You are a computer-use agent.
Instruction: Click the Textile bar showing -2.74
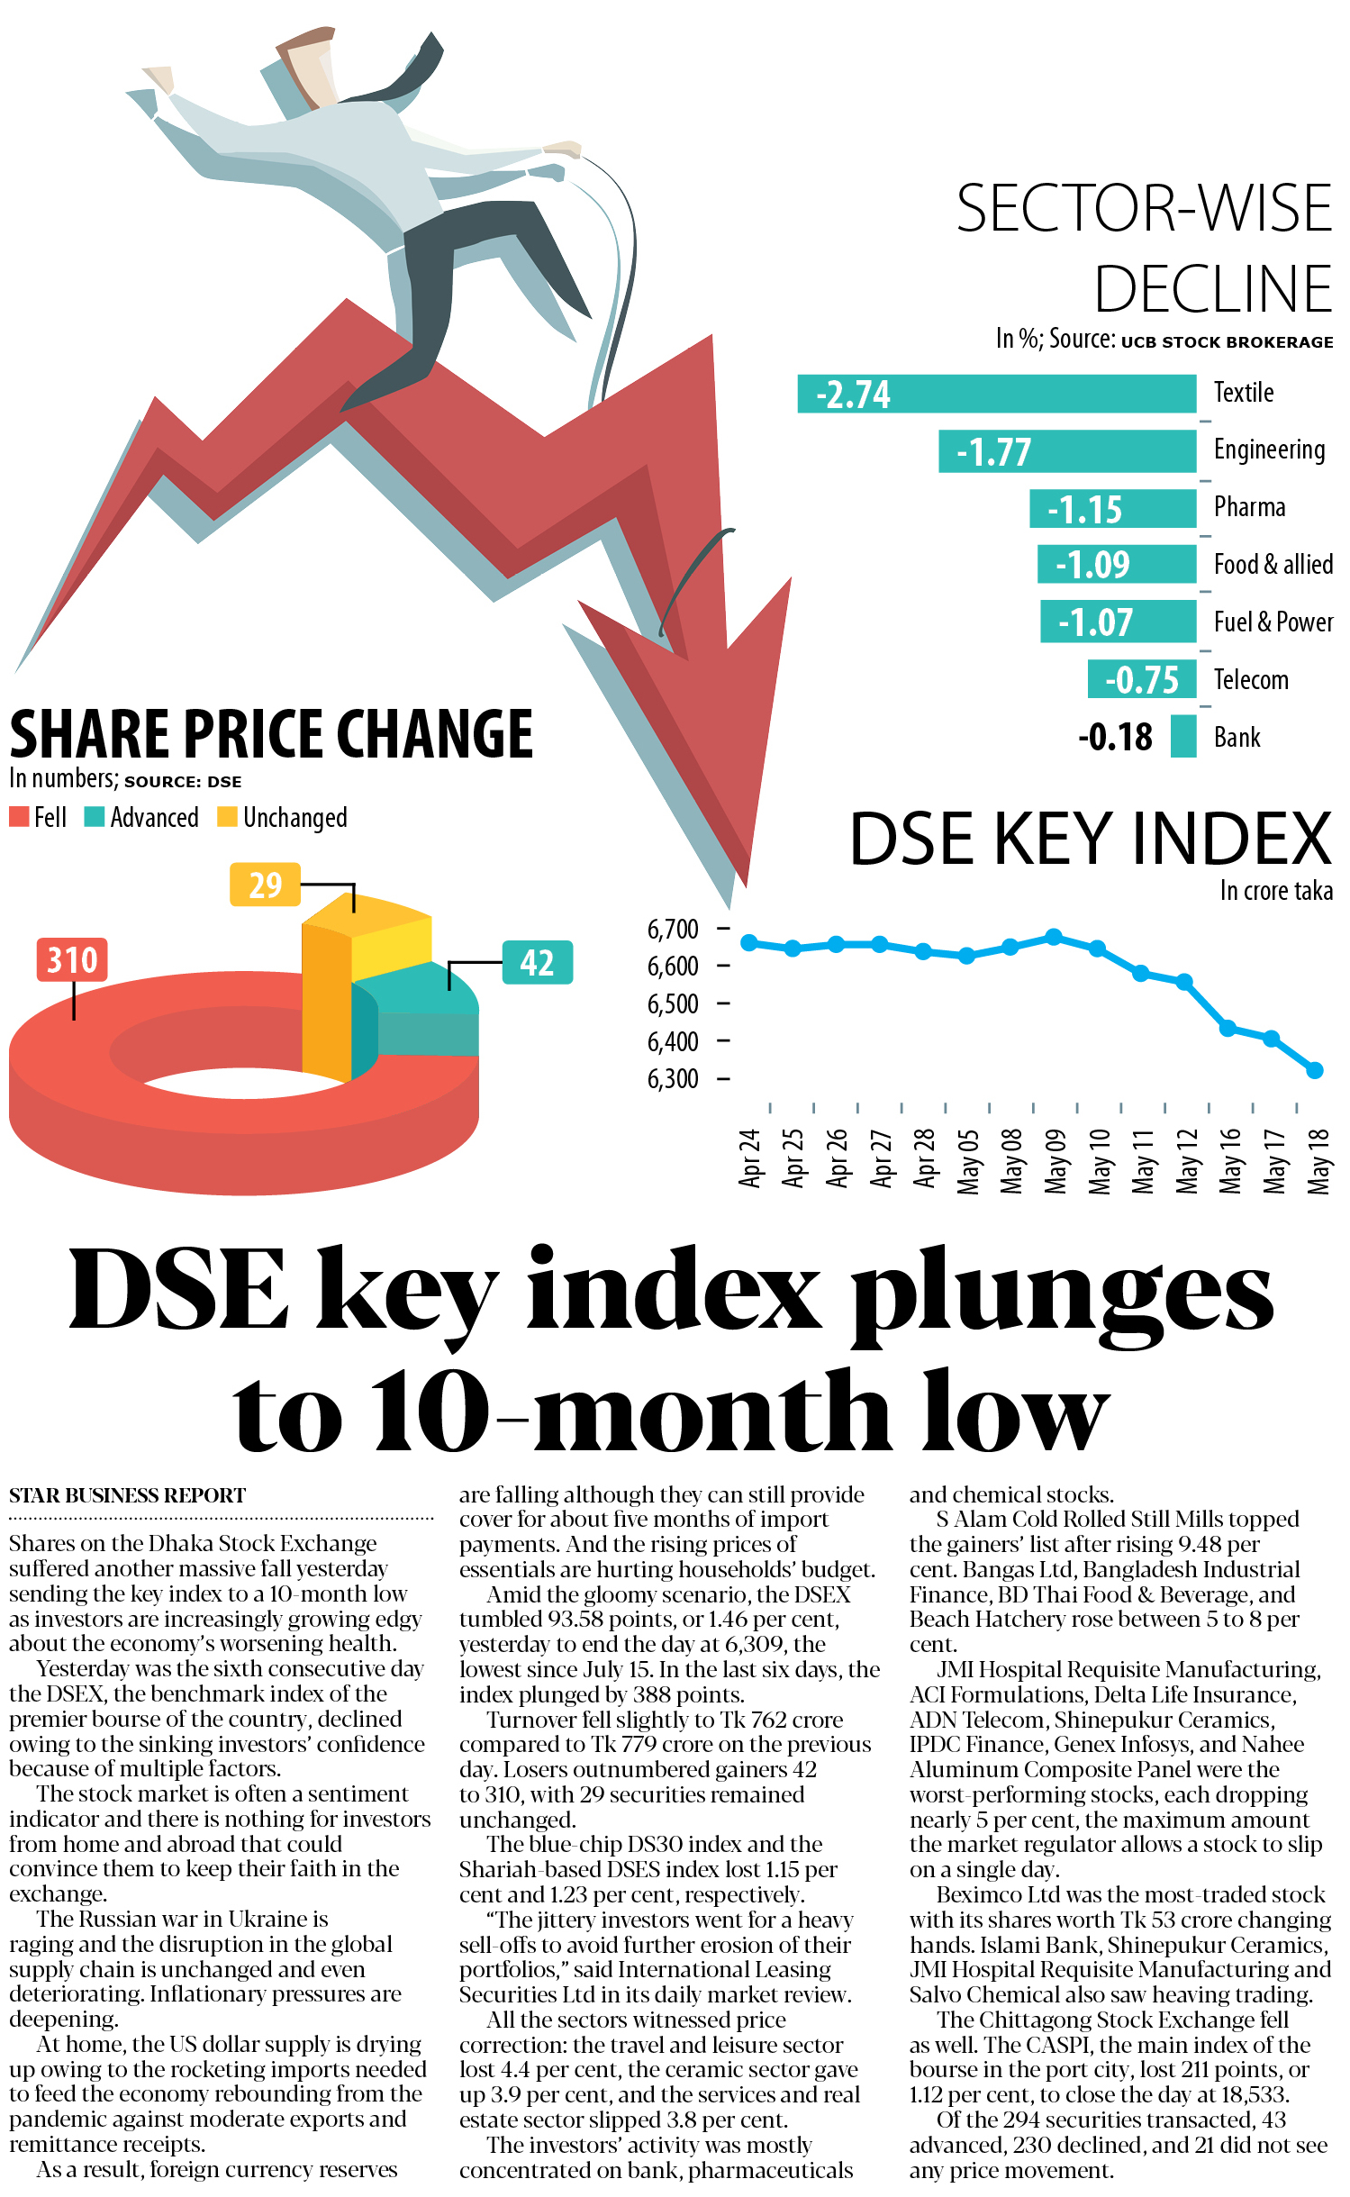coord(996,395)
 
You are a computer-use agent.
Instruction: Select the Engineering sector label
coord(1269,449)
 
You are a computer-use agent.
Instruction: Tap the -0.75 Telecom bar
coord(1142,679)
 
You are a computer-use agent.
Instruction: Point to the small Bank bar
coord(1183,736)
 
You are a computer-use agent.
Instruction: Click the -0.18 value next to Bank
coord(1115,737)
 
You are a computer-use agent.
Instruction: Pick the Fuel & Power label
coord(1273,622)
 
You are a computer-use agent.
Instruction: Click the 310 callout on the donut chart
coord(72,959)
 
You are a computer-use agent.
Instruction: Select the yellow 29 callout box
coord(265,885)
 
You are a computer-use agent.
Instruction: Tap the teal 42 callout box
coord(537,962)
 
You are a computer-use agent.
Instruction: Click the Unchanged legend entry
coord(283,817)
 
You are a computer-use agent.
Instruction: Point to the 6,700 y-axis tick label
coord(673,929)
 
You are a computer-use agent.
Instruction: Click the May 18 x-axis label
coord(1318,1161)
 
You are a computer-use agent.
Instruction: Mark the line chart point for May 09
coord(1054,937)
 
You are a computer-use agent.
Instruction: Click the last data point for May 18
coord(1315,1070)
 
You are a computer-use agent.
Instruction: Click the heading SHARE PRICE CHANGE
coord(271,733)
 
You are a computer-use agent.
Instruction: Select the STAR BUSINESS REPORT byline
coord(127,1495)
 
